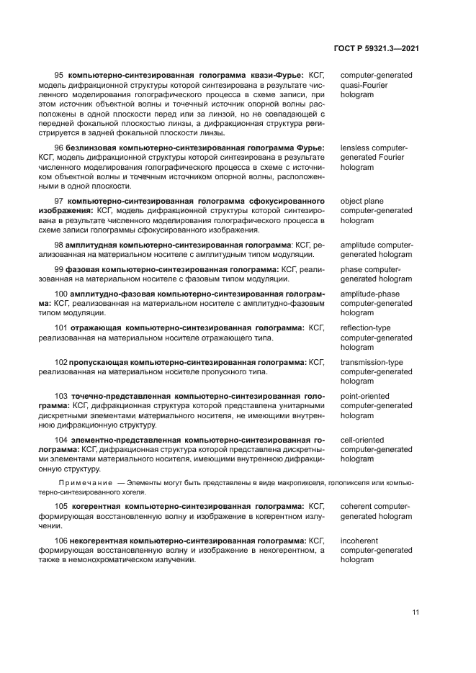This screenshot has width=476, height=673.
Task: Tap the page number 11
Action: tap(416, 612)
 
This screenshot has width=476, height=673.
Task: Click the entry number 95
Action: tap(60, 75)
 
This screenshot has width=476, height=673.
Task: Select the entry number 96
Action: tap(60, 148)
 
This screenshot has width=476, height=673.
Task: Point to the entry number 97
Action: tap(60, 202)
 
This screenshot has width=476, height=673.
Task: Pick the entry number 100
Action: tap(61, 294)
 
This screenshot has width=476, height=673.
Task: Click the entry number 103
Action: tap(61, 396)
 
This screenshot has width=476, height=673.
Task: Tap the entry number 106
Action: tap(61, 540)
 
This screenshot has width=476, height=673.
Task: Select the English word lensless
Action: tap(354, 148)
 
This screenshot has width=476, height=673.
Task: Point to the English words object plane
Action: tap(362, 202)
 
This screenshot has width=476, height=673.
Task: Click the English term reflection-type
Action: tap(366, 328)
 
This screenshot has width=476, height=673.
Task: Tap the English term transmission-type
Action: tap(372, 362)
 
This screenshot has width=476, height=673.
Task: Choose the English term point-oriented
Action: tap(365, 396)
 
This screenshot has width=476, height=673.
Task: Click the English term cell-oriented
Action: tap(362, 439)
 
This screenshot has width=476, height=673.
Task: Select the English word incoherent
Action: tap(359, 540)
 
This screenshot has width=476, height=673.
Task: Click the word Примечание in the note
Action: tap(86, 482)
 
